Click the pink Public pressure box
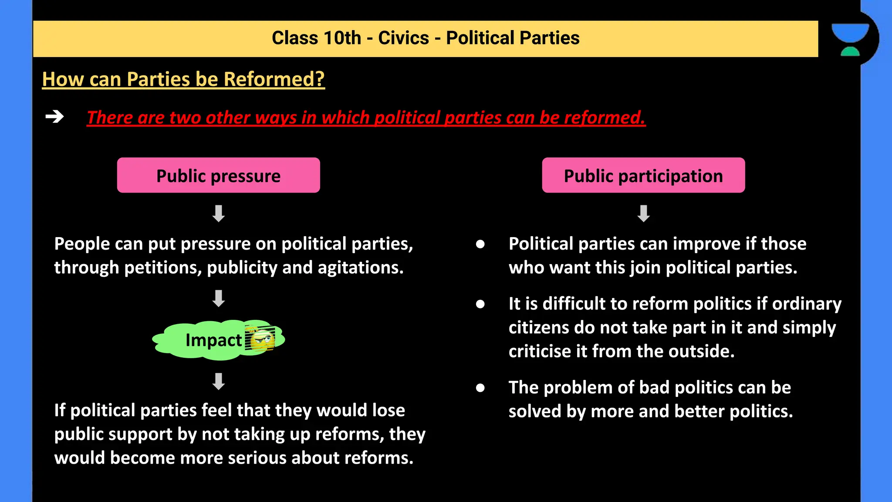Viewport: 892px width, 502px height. point(218,175)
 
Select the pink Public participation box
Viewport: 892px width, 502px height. point(643,175)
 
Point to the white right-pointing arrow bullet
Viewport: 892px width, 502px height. point(55,117)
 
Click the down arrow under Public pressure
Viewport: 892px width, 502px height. point(219,214)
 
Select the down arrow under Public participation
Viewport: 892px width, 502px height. point(644,214)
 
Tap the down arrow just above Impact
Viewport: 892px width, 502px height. point(219,298)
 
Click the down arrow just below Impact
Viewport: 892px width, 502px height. point(219,381)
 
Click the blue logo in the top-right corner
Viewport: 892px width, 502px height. point(850,39)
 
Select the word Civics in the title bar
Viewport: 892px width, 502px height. point(403,38)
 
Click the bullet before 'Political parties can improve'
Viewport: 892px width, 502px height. point(480,244)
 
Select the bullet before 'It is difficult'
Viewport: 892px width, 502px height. point(480,304)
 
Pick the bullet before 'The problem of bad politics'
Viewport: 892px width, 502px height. point(480,387)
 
